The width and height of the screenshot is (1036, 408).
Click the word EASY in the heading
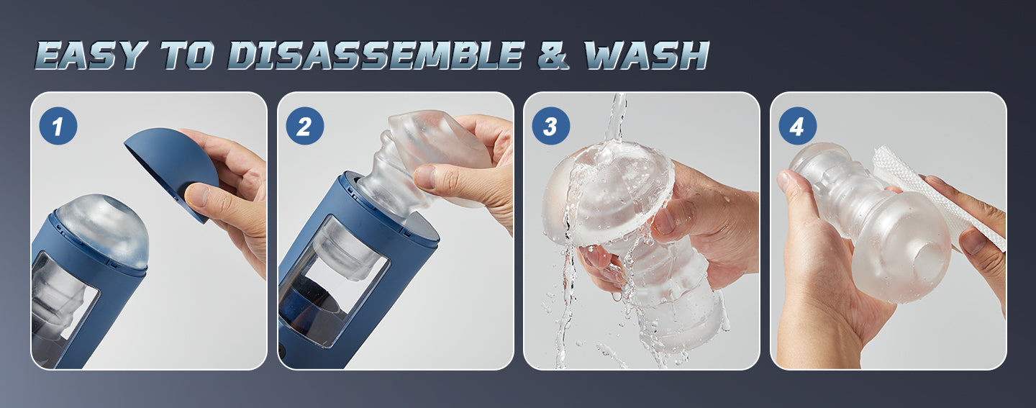point(91,55)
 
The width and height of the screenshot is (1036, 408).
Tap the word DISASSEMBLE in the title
point(376,55)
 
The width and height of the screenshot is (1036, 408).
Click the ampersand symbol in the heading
point(554,55)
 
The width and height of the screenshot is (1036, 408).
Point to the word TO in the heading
point(187,55)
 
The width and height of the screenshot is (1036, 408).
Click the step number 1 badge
point(58,126)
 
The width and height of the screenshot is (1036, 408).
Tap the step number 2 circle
point(304,126)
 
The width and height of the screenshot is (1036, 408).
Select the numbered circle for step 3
point(550,126)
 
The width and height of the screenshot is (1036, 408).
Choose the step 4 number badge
point(797,126)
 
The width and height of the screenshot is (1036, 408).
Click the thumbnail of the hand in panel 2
point(424,176)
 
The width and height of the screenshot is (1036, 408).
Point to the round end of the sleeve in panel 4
point(903,248)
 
